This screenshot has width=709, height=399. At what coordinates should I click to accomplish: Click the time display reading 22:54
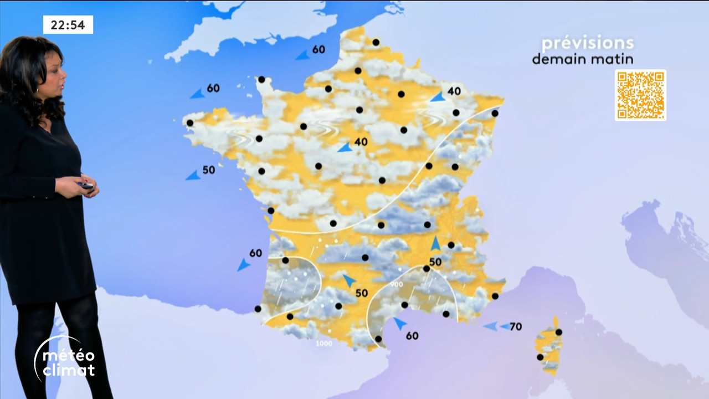(68, 24)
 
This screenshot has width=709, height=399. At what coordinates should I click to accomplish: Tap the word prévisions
(587, 43)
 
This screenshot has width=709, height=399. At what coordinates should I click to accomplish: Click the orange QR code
(640, 95)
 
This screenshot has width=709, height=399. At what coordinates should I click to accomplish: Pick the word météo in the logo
(69, 355)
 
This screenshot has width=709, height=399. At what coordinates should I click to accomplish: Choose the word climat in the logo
(69, 370)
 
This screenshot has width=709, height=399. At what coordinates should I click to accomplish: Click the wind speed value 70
(516, 326)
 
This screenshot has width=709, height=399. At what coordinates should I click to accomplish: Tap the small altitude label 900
(396, 284)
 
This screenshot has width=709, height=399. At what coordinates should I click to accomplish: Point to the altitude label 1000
(324, 344)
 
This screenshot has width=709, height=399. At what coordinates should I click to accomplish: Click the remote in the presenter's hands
(86, 186)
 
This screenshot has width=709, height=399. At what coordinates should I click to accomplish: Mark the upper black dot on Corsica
(559, 332)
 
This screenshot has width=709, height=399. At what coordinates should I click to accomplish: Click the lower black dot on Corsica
(540, 357)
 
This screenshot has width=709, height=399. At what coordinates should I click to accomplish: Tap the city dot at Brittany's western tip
(190, 122)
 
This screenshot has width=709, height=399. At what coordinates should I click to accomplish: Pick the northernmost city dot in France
(376, 42)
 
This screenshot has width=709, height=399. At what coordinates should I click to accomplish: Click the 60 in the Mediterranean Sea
(412, 335)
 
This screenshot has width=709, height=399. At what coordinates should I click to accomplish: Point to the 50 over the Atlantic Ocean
(208, 170)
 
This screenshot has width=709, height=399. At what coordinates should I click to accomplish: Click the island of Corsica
(548, 346)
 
